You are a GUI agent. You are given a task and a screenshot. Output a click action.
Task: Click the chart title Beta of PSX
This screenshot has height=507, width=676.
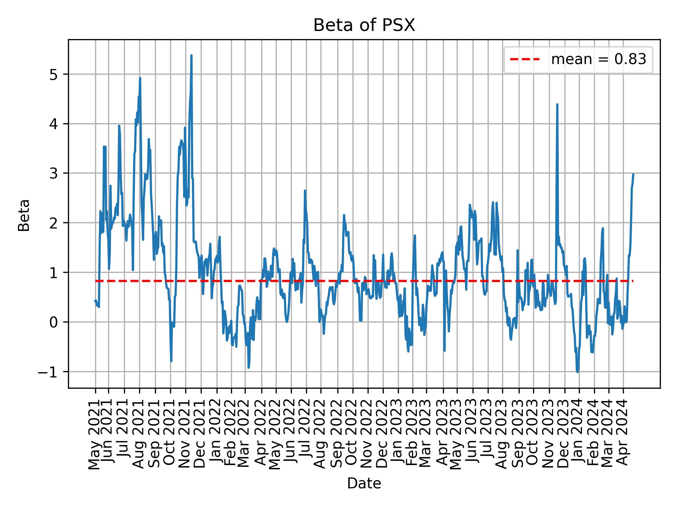(364, 25)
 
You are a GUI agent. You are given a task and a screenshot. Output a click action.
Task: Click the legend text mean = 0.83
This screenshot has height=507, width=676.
(599, 60)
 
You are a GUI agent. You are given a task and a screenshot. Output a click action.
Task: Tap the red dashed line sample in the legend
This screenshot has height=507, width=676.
(525, 60)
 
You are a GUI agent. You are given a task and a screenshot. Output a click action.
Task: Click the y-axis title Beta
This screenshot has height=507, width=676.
(24, 215)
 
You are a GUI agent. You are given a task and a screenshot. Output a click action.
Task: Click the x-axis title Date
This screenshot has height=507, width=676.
(364, 484)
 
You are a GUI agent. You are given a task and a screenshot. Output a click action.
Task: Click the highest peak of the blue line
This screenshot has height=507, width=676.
(191, 55)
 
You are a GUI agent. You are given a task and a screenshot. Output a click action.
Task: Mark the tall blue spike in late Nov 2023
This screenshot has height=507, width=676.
(557, 104)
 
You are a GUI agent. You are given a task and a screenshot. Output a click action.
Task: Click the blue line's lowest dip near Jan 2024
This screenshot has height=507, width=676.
(577, 372)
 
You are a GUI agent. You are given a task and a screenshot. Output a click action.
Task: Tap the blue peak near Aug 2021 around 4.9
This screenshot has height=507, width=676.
(140, 78)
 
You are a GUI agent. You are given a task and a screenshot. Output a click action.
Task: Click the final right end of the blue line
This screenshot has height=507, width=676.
(633, 174)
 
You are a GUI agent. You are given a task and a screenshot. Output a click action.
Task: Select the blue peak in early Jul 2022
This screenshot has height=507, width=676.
(305, 190)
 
